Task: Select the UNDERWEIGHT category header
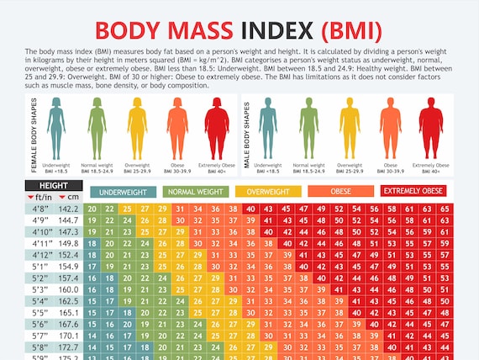123,192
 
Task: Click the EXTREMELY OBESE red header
414,191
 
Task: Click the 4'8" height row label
39,209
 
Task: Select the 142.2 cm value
69,209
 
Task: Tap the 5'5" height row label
39,312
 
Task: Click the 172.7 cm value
69,347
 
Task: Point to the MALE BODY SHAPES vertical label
246,135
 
